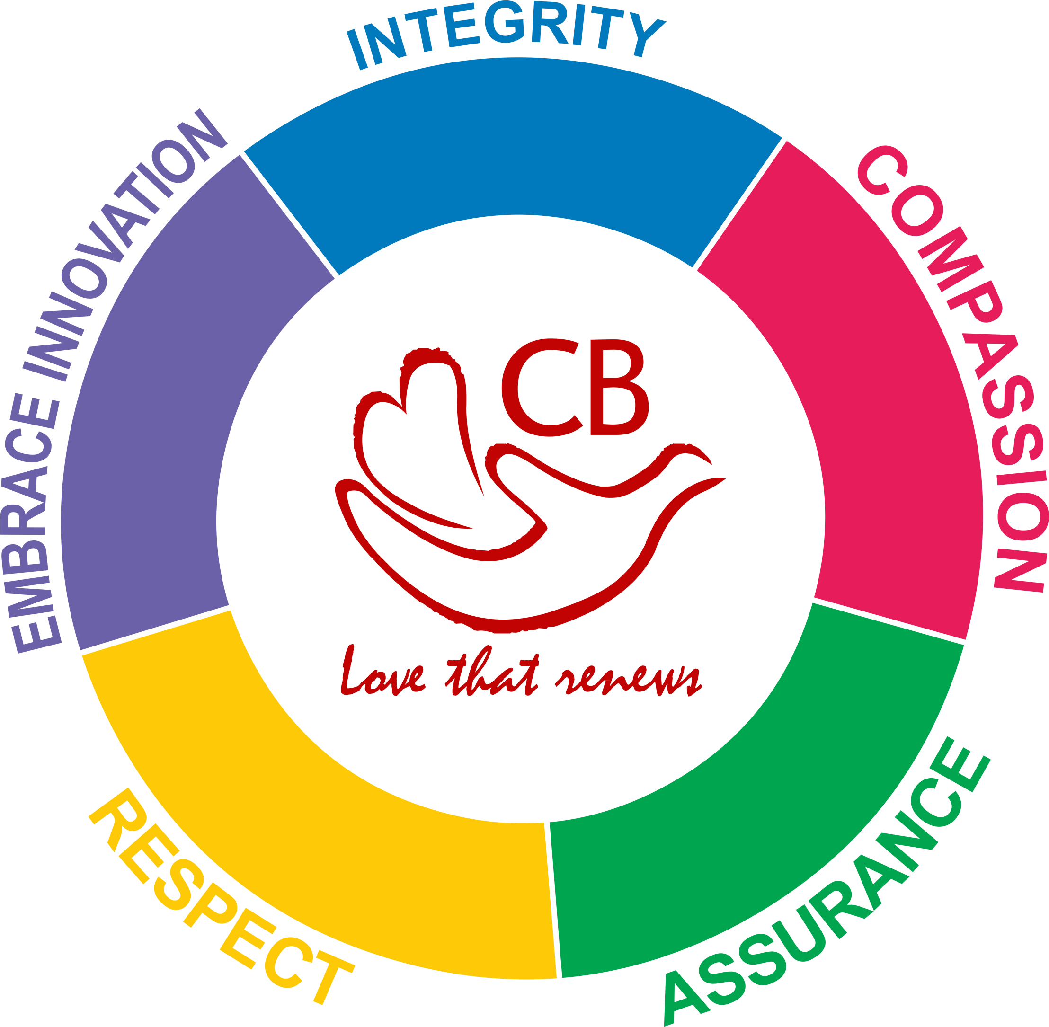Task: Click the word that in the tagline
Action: pyautogui.click(x=491, y=674)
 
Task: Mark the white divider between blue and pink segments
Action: pyautogui.click(x=738, y=204)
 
